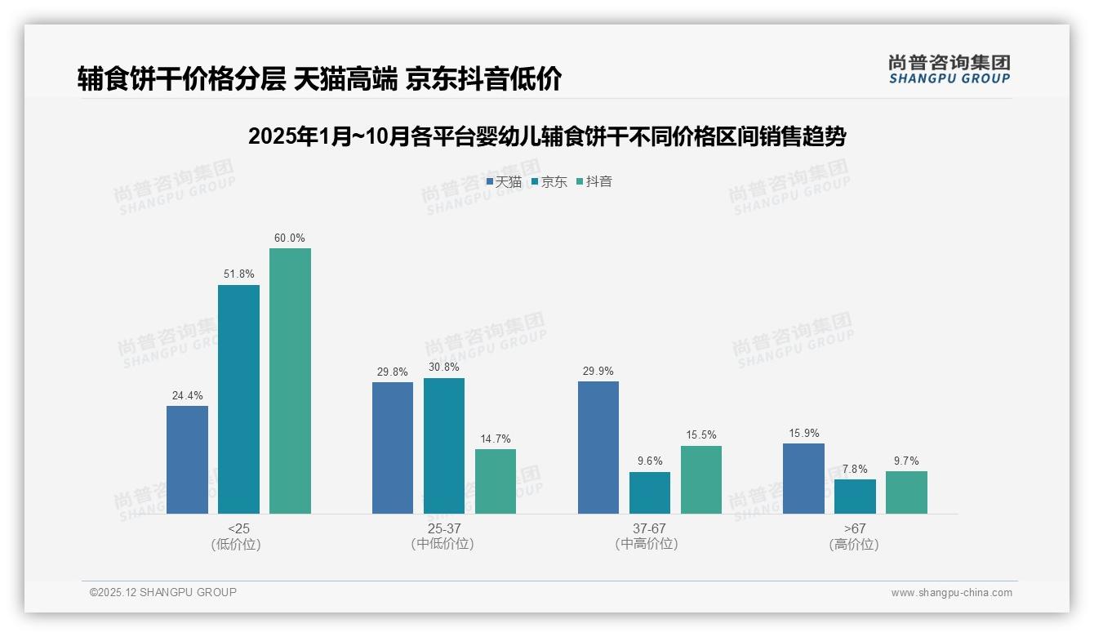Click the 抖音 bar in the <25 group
click(290, 381)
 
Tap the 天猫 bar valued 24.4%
click(187, 459)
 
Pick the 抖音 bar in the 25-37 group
click(496, 481)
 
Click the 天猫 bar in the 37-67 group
click(598, 448)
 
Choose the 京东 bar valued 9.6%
click(650, 492)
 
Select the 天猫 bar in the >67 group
click(803, 479)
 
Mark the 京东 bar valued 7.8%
click(855, 496)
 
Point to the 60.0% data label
click(290, 238)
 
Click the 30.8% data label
click(444, 367)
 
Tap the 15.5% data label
click(701, 435)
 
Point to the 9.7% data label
click(906, 461)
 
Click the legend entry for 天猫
click(504, 182)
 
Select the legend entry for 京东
click(549, 182)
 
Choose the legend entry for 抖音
click(594, 182)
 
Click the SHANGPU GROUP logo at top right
click(949, 69)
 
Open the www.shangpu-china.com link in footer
click(951, 593)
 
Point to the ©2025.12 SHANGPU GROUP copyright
click(163, 592)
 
